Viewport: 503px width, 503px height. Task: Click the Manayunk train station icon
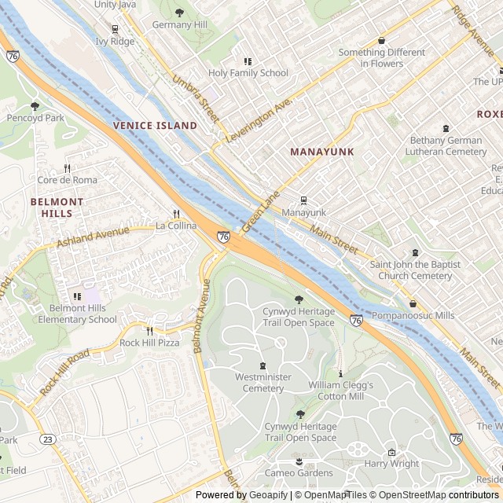[303, 200]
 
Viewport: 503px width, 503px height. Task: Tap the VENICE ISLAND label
[155, 126]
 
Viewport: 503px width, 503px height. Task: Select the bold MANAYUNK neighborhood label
[321, 151]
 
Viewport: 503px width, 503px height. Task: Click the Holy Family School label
[248, 73]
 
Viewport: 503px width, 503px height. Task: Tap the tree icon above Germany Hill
[179, 13]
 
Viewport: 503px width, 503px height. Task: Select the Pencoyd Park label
[35, 118]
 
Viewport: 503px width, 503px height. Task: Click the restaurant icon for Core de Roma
[68, 167]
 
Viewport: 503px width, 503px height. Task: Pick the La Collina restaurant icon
[176, 213]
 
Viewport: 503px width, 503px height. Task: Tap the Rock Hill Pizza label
[149, 343]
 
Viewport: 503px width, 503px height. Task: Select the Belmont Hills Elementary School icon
[77, 296]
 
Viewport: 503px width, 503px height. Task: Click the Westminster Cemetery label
[263, 383]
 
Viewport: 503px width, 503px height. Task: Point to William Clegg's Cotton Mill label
[340, 391]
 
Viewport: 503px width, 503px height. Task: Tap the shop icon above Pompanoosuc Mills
[413, 303]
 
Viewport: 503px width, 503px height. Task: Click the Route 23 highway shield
[49, 439]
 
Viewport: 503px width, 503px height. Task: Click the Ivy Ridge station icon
[115, 29]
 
